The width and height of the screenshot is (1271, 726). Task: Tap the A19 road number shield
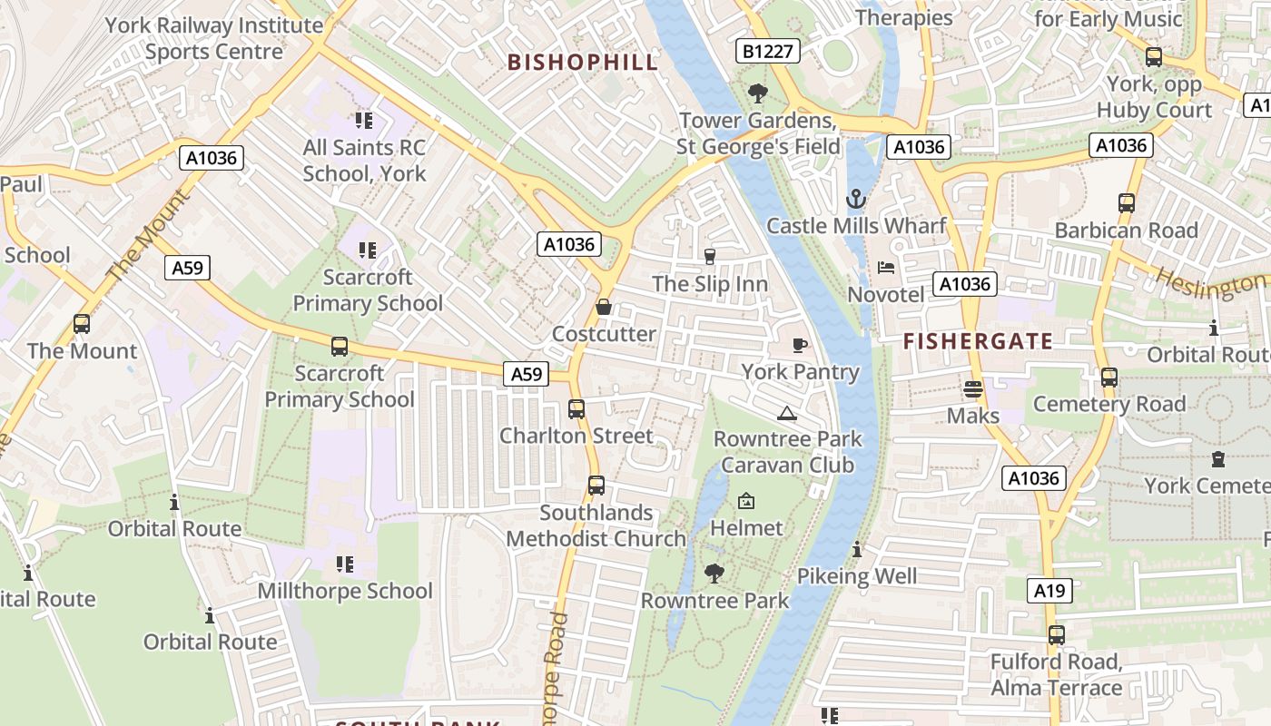pyautogui.click(x=1050, y=591)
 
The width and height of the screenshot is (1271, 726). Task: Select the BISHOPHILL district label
pyautogui.click(x=583, y=62)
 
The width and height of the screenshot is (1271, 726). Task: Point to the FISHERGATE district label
pyautogui.click(x=979, y=341)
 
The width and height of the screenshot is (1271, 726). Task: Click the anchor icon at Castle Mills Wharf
pyautogui.click(x=855, y=198)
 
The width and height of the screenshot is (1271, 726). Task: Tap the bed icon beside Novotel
pyautogui.click(x=886, y=267)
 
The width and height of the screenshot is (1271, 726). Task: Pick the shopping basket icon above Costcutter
pyautogui.click(x=603, y=308)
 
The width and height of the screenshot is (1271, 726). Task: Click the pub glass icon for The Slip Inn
pyautogui.click(x=710, y=257)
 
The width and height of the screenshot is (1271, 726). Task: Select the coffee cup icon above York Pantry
pyautogui.click(x=799, y=345)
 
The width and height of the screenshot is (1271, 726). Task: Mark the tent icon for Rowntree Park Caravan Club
pyautogui.click(x=786, y=414)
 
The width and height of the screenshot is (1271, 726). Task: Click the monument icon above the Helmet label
pyautogui.click(x=745, y=501)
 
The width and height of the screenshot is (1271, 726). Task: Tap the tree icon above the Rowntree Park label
pyautogui.click(x=714, y=573)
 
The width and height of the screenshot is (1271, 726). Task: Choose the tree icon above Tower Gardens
pyautogui.click(x=756, y=93)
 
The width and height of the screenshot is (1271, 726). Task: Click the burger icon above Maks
pyautogui.click(x=973, y=389)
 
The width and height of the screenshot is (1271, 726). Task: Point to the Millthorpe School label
pyautogui.click(x=345, y=591)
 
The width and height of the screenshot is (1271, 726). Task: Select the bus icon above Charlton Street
pyautogui.click(x=576, y=409)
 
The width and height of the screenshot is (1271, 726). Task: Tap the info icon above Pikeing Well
pyautogui.click(x=857, y=549)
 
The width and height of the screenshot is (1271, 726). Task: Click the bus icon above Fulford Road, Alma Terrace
pyautogui.click(x=1056, y=635)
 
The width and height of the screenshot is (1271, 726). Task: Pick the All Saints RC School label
pyautogui.click(x=364, y=160)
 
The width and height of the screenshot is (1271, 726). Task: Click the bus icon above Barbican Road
pyautogui.click(x=1127, y=203)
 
